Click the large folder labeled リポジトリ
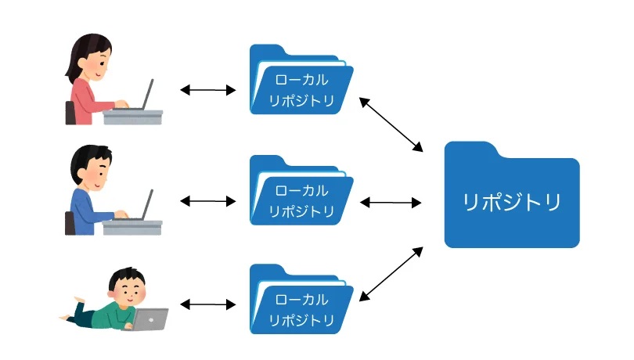point(512,200)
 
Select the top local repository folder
point(300,82)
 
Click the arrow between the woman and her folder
point(208,90)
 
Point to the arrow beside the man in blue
point(208,201)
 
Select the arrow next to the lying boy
point(208,304)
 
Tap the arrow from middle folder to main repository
point(391,202)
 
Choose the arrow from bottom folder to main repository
point(391,274)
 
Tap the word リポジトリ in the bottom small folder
point(302,320)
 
